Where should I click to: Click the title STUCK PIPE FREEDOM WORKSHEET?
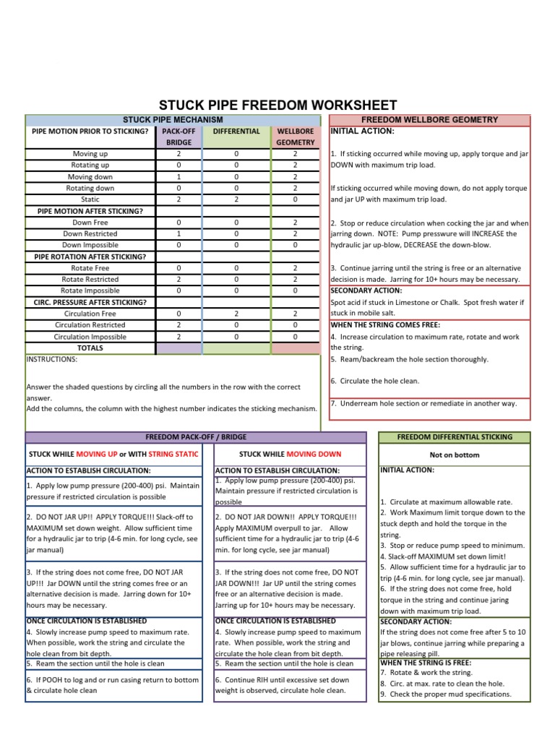[x=277, y=105]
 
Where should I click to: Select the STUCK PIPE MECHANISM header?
[x=173, y=119]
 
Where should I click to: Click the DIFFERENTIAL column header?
[x=236, y=132]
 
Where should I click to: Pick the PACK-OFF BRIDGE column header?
[x=178, y=137]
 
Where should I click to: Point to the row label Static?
[x=90, y=199]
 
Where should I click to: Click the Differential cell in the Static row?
[x=236, y=199]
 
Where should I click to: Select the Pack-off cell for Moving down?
[x=178, y=176]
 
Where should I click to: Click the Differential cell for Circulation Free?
[x=236, y=314]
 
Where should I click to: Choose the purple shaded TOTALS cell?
[x=178, y=348]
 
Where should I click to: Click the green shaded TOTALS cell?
[x=236, y=348]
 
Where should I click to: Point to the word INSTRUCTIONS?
[x=51, y=359]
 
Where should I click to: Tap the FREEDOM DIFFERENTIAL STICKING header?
[x=455, y=437]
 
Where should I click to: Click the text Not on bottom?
[x=455, y=455]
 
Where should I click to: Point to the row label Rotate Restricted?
[x=90, y=279]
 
